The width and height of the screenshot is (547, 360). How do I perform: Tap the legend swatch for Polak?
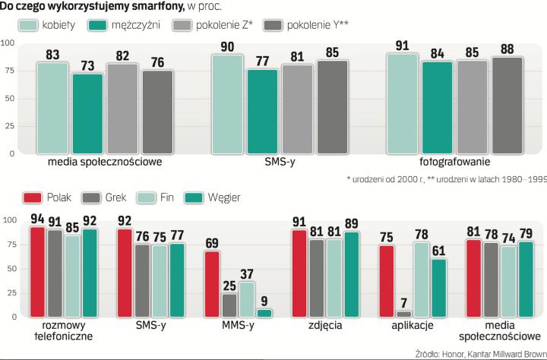(33, 197)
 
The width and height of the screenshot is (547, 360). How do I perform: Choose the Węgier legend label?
(225, 197)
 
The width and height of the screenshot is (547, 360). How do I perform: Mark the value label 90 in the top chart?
(227, 48)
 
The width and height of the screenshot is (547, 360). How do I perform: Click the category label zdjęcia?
(325, 324)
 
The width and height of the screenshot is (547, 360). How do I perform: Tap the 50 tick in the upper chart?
(9, 98)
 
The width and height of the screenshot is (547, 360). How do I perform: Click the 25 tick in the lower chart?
(9, 292)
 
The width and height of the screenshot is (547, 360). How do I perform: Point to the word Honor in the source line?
(457, 353)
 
